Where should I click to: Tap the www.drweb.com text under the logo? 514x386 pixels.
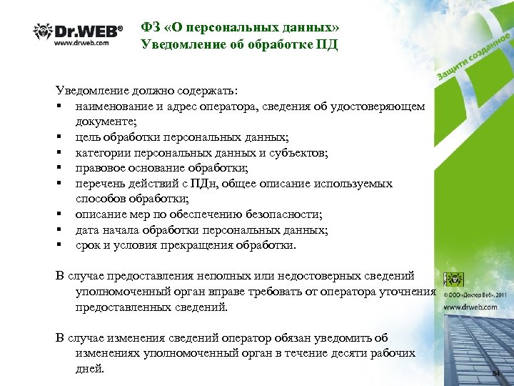81,44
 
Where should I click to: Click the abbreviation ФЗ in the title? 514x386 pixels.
151,28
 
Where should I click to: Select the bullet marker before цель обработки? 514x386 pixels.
61,137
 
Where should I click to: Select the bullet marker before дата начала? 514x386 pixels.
61,230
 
